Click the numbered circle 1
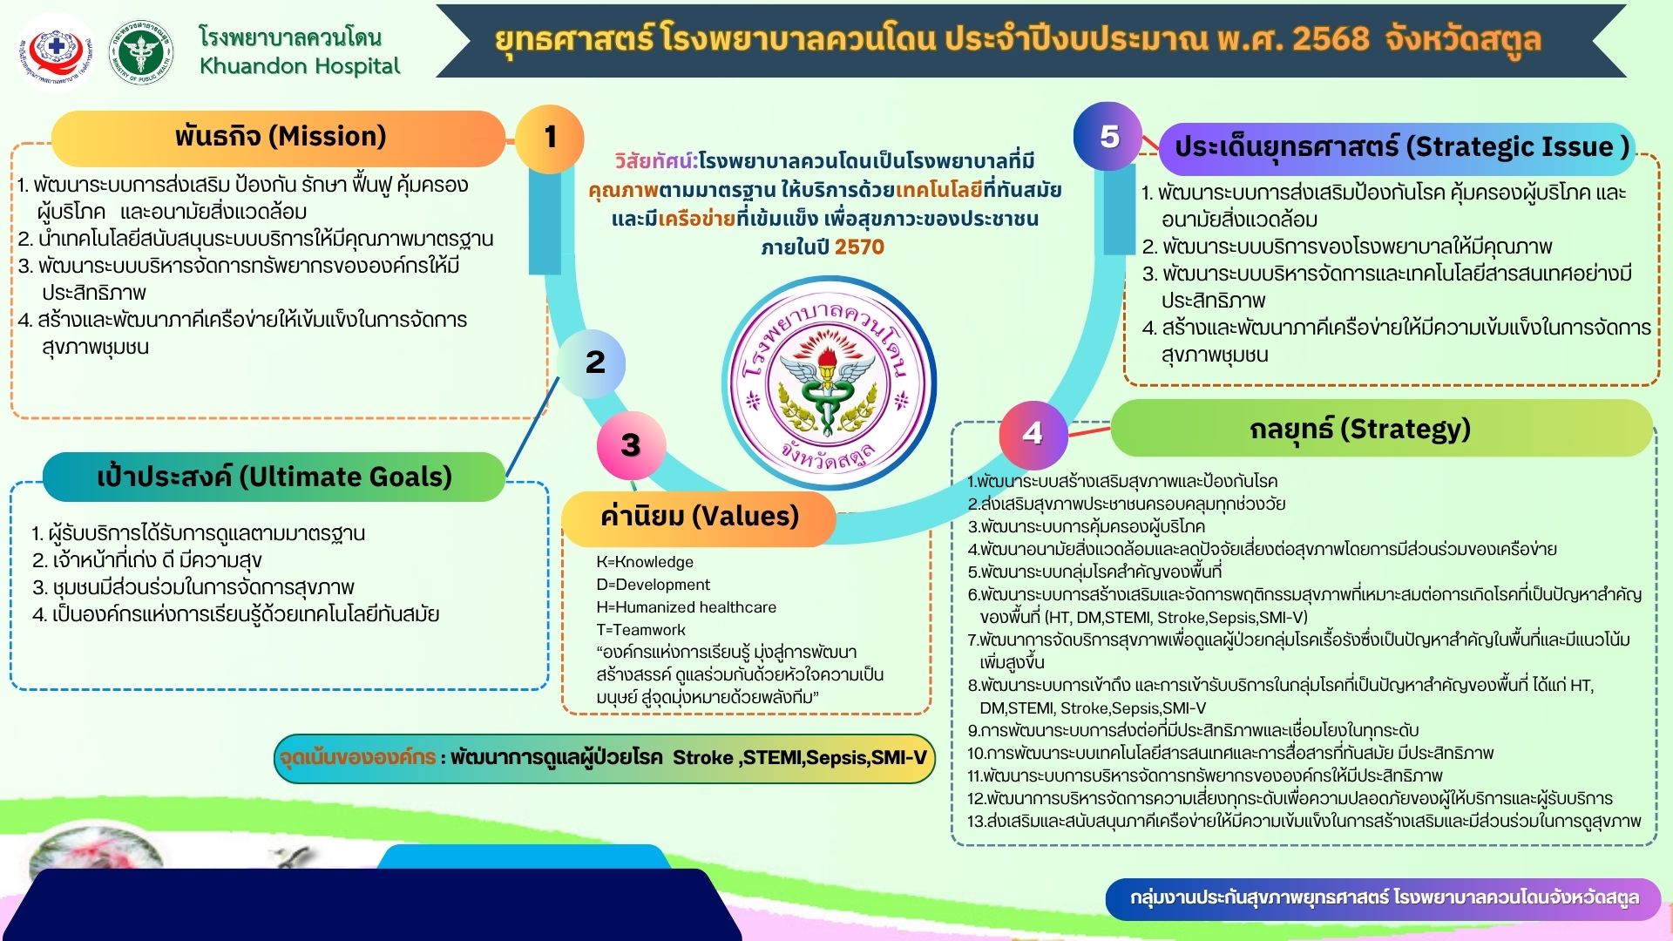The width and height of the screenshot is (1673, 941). point(550,139)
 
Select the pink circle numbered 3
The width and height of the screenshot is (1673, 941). point(632,445)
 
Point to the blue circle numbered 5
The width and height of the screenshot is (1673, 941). point(1108,136)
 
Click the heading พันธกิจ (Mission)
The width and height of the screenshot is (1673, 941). point(279,138)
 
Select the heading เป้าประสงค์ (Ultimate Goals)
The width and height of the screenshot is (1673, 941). point(274,477)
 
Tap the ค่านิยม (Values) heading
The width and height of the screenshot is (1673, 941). point(699,517)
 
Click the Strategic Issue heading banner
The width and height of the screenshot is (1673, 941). point(1397,148)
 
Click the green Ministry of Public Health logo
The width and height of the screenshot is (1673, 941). point(141,52)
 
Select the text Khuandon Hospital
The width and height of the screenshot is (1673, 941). point(300,66)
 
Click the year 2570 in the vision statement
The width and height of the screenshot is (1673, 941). point(859,247)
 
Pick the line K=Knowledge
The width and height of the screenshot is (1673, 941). point(645,562)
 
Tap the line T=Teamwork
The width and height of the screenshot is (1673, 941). point(640,630)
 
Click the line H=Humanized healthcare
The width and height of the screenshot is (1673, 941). point(686,607)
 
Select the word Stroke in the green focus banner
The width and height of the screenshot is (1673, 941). point(702,758)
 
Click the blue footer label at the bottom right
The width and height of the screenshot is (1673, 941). point(1384,898)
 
